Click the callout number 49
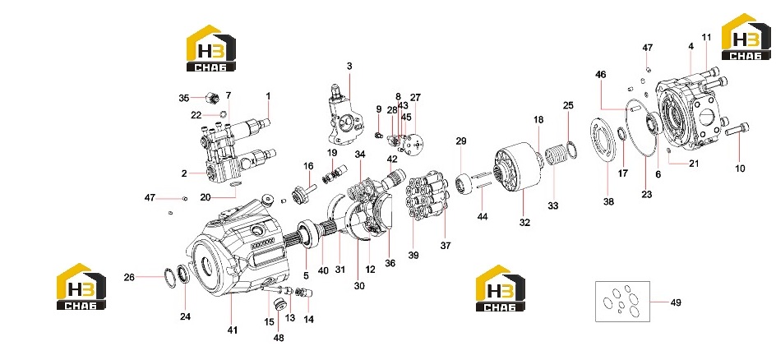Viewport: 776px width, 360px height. [676, 302]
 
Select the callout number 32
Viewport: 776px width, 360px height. [524, 223]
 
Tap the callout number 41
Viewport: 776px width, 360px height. [233, 330]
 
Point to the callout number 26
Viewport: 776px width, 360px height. [129, 278]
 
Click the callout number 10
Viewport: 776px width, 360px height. [740, 168]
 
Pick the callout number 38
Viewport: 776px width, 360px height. [608, 201]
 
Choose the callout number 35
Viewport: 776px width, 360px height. [184, 98]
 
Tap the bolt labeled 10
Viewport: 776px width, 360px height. [737, 130]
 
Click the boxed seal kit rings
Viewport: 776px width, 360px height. [622, 301]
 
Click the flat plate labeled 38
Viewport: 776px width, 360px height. [603, 139]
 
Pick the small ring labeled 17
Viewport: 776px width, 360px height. [622, 133]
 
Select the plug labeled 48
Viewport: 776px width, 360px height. [280, 302]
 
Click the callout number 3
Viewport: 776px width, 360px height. [349, 66]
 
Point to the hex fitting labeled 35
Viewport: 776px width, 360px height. [213, 98]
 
